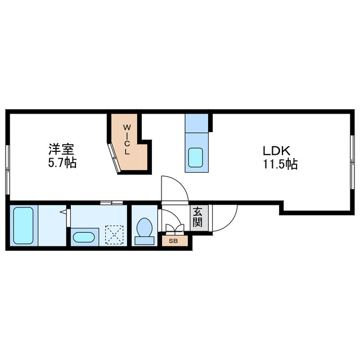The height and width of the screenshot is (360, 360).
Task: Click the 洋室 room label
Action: pos(62,150)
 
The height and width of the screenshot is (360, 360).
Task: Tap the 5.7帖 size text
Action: pos(62,164)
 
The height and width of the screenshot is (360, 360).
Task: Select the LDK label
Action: pos(276,151)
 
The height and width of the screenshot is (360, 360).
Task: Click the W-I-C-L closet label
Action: pos(128,140)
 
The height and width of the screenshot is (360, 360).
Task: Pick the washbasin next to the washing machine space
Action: pos(84,237)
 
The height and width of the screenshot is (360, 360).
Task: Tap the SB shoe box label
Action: pos(173,241)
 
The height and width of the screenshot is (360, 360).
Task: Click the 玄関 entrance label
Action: pos(198,217)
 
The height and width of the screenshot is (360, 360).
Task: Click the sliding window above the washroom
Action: pos(111,202)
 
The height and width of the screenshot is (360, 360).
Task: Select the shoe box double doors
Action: pos(173,228)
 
